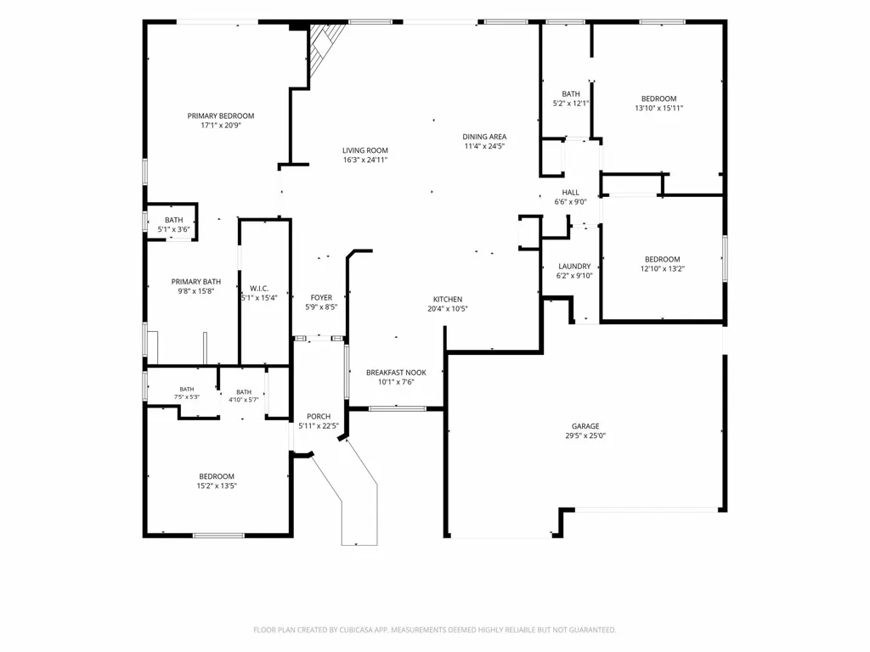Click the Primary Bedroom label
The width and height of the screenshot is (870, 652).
point(221,115)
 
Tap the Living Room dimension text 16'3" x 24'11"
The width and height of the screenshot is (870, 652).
point(365,160)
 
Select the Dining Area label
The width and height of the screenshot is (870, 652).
point(484,137)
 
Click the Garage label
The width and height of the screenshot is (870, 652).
point(585,426)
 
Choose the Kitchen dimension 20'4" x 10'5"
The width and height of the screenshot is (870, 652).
point(448,309)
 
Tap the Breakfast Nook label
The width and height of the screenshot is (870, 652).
point(396,373)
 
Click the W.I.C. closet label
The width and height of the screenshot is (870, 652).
point(259,289)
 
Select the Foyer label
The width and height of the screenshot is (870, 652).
point(321,298)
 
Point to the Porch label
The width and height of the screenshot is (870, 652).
point(319,416)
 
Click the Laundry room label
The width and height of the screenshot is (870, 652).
point(574,266)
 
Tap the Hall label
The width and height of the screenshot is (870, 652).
point(570,193)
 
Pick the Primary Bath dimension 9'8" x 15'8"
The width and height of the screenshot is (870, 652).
point(196,291)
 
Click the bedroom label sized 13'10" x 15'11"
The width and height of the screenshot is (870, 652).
point(659,98)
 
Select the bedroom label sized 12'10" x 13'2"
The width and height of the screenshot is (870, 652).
point(663,259)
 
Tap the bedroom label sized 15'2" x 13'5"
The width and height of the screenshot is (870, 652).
point(217,476)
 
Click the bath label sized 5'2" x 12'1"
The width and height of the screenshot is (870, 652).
point(570,93)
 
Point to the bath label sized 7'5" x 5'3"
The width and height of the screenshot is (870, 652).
point(187,389)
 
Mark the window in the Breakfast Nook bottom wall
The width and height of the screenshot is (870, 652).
point(398,409)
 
